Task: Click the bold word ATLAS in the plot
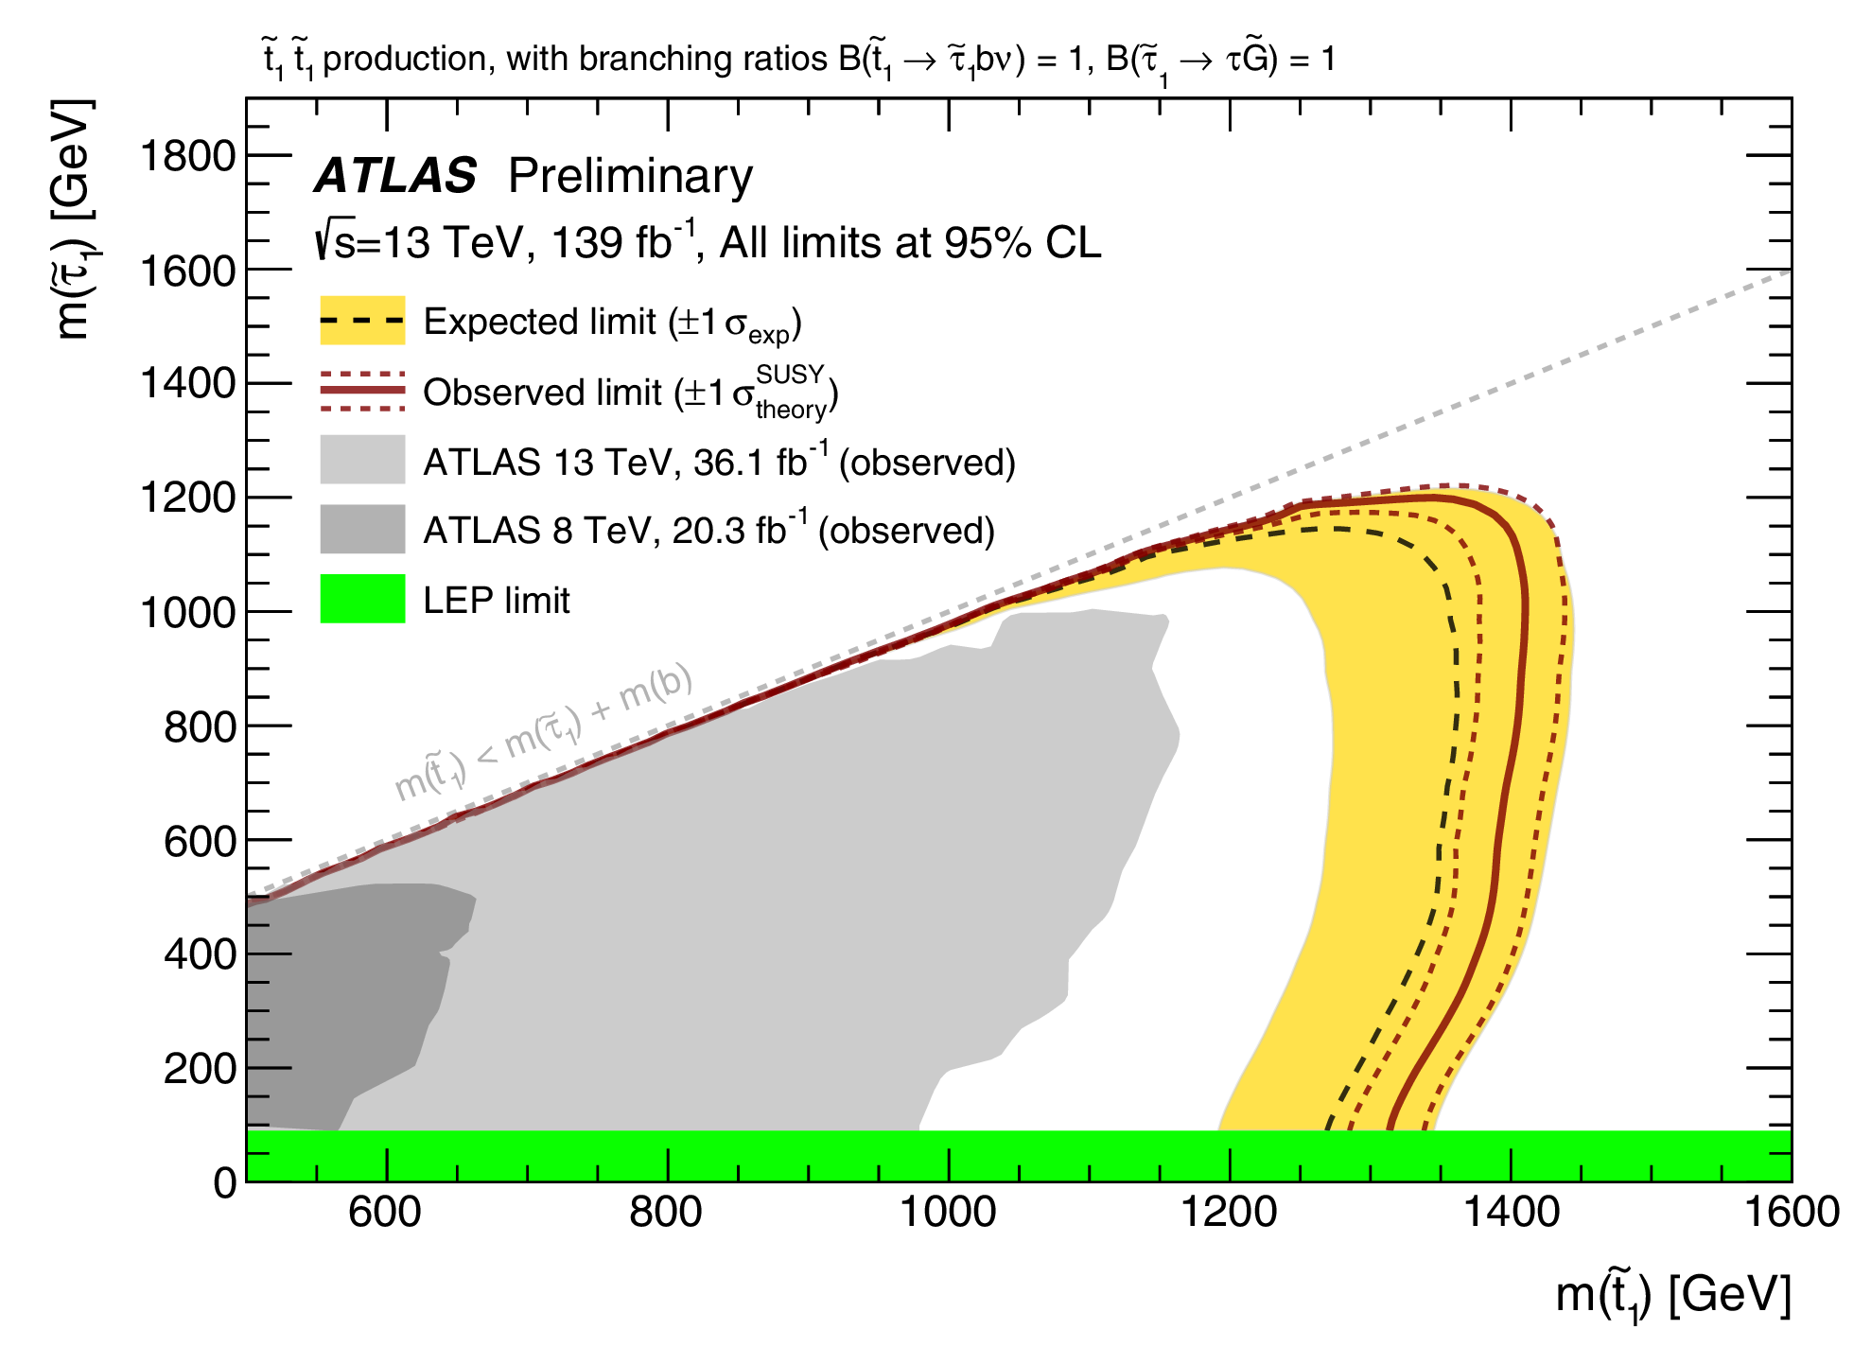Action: coord(395,176)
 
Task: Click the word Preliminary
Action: coord(630,176)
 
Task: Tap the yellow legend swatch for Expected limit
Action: coord(362,321)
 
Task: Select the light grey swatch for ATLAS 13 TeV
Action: coord(362,460)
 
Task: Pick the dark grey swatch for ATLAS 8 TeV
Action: coord(362,529)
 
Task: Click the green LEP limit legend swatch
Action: coord(362,599)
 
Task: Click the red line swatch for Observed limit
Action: coord(362,391)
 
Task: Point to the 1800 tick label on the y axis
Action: coord(187,156)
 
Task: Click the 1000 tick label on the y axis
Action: coord(187,613)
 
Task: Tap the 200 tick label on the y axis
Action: coord(199,1069)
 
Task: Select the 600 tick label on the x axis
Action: coord(385,1213)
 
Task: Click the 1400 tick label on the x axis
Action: coord(1511,1213)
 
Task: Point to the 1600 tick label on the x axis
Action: coord(1791,1213)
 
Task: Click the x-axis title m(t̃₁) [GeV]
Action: coord(1672,1295)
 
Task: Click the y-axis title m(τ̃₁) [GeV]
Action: coord(73,219)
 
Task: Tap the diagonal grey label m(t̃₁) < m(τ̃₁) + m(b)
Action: coord(543,733)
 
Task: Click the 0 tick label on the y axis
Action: coord(225,1183)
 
